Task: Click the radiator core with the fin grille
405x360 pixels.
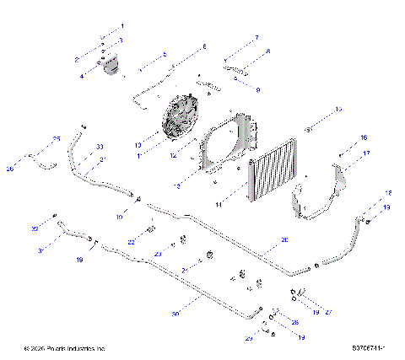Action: coord(275,175)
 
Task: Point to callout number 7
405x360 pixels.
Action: coord(257,38)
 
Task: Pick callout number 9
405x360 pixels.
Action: coord(258,89)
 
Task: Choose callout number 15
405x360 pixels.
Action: coord(338,110)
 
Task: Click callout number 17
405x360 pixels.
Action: coord(367,153)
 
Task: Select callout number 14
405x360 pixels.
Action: coord(219,204)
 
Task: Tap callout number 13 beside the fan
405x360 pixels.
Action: coord(138,144)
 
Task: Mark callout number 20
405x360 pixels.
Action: coord(284,240)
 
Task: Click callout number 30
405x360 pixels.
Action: coord(175,314)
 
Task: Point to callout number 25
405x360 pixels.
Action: coord(57,138)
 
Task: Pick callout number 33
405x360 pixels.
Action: coord(100,147)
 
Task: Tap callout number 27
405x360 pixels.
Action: coord(328,312)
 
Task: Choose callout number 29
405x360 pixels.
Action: coord(249,338)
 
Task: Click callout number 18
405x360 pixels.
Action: coord(388,193)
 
